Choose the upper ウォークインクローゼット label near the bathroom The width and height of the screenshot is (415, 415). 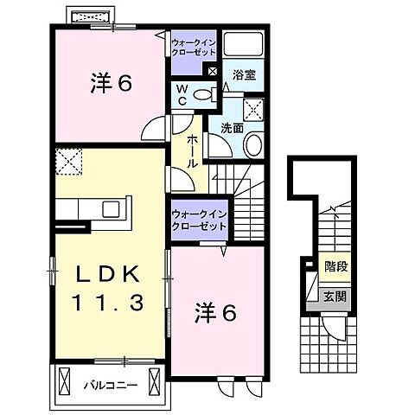tap(194, 46)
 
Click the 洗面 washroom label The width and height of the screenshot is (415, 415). tap(231, 127)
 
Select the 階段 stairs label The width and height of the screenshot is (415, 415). tap(335, 267)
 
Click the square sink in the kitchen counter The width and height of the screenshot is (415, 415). tap(112, 209)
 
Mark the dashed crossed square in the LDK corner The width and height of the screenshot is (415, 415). tap(67, 162)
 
